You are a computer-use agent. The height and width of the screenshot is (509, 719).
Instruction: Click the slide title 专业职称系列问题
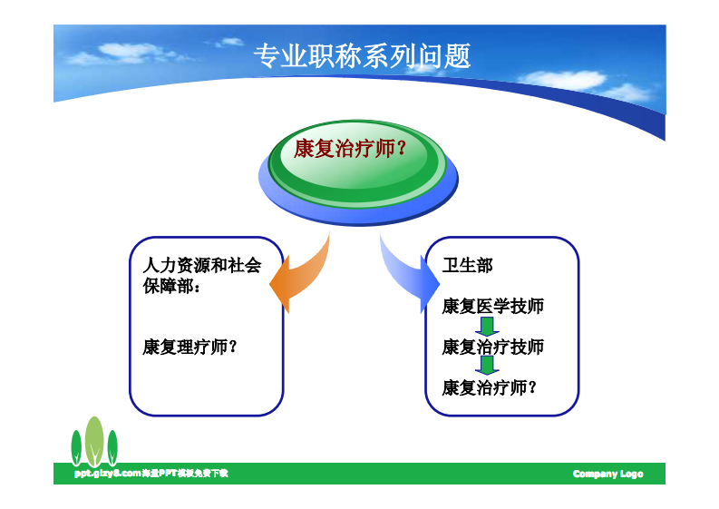point(362,56)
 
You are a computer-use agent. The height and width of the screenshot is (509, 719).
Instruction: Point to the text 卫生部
point(467,265)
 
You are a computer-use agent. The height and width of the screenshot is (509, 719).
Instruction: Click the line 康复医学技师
point(492,306)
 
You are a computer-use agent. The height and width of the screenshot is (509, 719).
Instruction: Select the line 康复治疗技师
point(492,347)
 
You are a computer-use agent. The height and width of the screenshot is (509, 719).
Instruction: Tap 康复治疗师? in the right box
point(489,387)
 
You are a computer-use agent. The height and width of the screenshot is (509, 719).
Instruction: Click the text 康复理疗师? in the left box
point(189,347)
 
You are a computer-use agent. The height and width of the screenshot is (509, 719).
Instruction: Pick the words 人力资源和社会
point(201,265)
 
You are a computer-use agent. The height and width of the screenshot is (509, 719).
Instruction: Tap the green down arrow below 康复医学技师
point(488,327)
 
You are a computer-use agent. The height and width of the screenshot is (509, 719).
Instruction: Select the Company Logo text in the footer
point(607,475)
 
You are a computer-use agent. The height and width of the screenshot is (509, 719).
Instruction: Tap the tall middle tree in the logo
point(94,441)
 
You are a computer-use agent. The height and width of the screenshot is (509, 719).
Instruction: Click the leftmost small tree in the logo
point(77,448)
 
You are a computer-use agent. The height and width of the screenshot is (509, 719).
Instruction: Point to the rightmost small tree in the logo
point(112,448)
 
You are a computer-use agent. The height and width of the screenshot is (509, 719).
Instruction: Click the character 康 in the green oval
point(304,149)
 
